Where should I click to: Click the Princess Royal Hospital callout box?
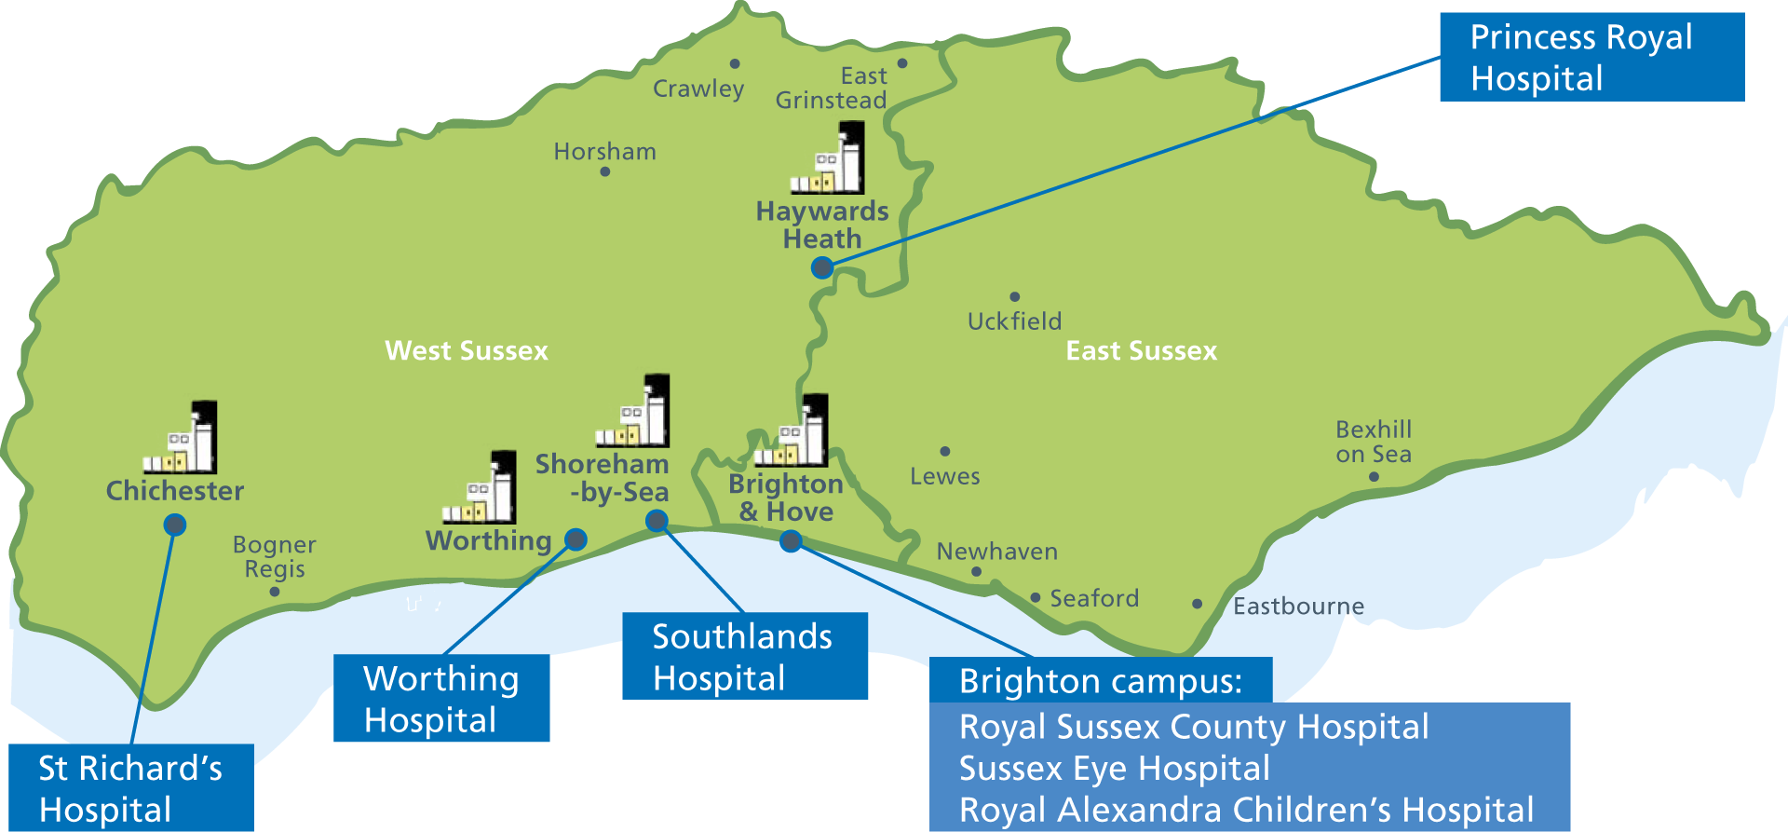1592,57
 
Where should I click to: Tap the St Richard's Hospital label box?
130,788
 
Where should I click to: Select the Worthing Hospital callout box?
441,699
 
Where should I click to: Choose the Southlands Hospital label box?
744,656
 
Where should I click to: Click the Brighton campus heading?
1100,681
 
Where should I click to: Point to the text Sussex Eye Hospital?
1115,769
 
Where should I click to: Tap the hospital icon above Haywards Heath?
828,159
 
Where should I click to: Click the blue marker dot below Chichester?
174,525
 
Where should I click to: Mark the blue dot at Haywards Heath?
821,268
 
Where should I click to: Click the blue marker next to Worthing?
576,539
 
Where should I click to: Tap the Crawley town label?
698,89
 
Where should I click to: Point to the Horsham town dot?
605,171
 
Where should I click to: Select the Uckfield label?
1014,321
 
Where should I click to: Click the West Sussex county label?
467,351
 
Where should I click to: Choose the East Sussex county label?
1142,351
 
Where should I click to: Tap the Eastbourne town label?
1298,607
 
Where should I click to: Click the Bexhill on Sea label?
1374,442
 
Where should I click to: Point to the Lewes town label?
944,476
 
